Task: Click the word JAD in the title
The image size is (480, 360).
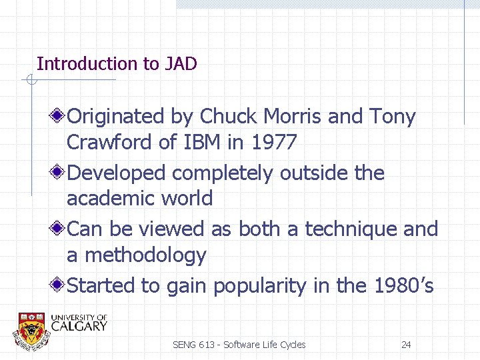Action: [180, 64]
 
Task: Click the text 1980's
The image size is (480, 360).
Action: [403, 286]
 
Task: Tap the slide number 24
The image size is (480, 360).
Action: [406, 345]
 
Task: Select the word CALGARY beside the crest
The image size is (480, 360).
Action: [79, 326]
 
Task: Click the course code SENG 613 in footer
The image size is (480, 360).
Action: [194, 345]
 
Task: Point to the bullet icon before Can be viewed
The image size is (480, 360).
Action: [59, 229]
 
